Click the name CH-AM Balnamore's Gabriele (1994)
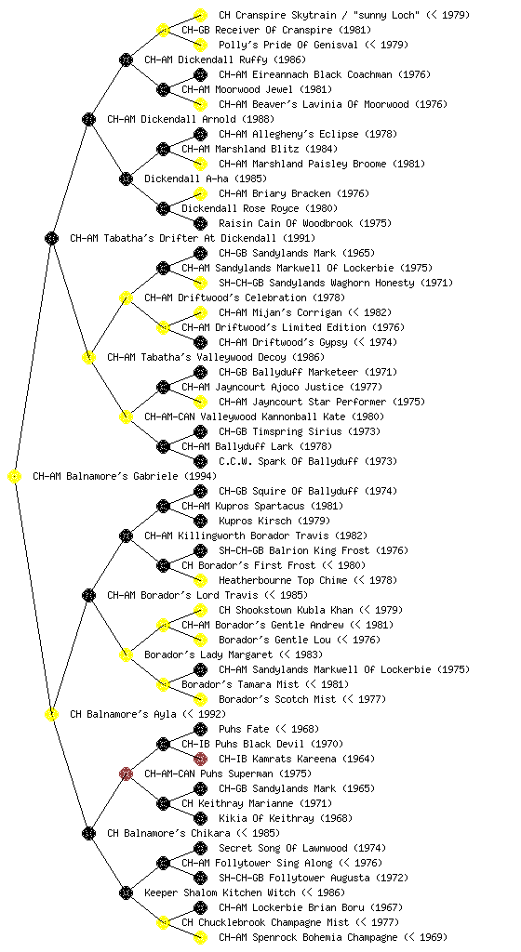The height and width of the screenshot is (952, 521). [x=125, y=476]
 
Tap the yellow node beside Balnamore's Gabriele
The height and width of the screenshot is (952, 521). [x=15, y=477]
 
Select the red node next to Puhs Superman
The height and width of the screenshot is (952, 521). [x=126, y=773]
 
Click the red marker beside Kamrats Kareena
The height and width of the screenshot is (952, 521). [x=200, y=759]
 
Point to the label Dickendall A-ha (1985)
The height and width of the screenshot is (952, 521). [x=206, y=178]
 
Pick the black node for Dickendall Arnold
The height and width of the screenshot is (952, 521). [x=88, y=119]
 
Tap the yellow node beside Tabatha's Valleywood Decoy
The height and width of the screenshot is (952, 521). [x=88, y=357]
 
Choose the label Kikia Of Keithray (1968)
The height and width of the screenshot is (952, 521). [x=286, y=818]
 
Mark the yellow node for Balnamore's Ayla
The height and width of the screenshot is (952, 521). [x=51, y=714]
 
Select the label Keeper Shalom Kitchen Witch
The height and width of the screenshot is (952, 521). [x=220, y=892]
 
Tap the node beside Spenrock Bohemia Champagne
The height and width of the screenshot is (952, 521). [x=200, y=937]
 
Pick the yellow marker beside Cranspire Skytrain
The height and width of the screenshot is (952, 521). [x=200, y=15]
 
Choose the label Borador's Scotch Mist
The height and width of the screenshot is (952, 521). [x=277, y=699]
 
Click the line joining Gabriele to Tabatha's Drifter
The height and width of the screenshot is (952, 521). [x=33, y=357]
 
